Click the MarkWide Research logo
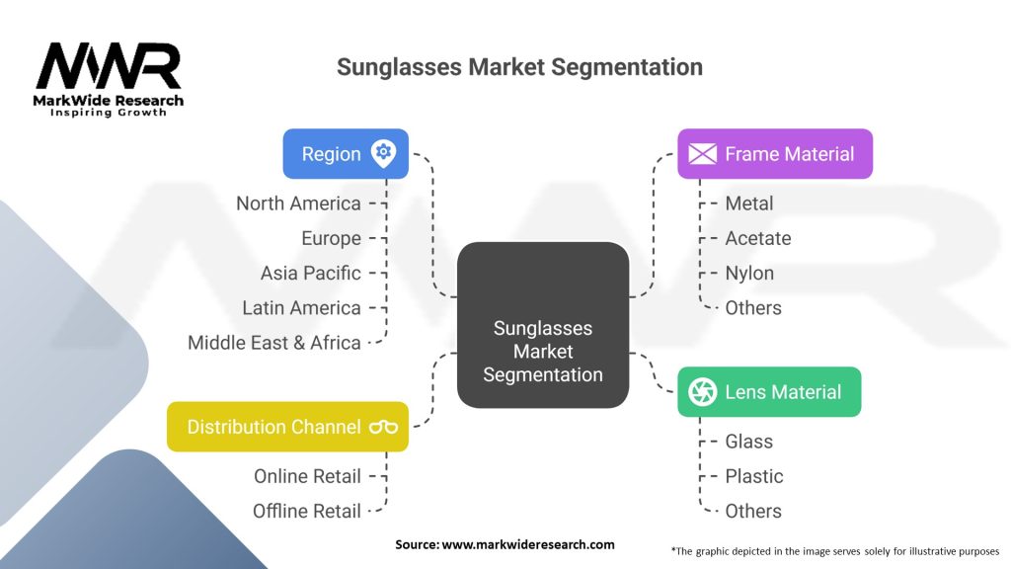coord(110,79)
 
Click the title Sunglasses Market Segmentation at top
coord(519,67)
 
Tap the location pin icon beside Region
coord(383,153)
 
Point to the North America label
coord(298,203)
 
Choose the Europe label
coord(331,238)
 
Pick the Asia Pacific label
coord(310,273)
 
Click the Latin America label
coord(301,308)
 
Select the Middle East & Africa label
coord(274,343)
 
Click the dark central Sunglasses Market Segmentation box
coord(542,325)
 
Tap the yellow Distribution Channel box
coord(287,427)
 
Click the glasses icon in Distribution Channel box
coord(383,427)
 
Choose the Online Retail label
coord(307,476)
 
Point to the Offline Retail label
coord(307,511)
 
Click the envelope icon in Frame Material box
coord(702,154)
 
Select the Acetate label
coord(757,238)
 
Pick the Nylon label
coord(749,273)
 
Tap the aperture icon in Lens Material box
coord(702,392)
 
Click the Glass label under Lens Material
coord(748,442)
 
